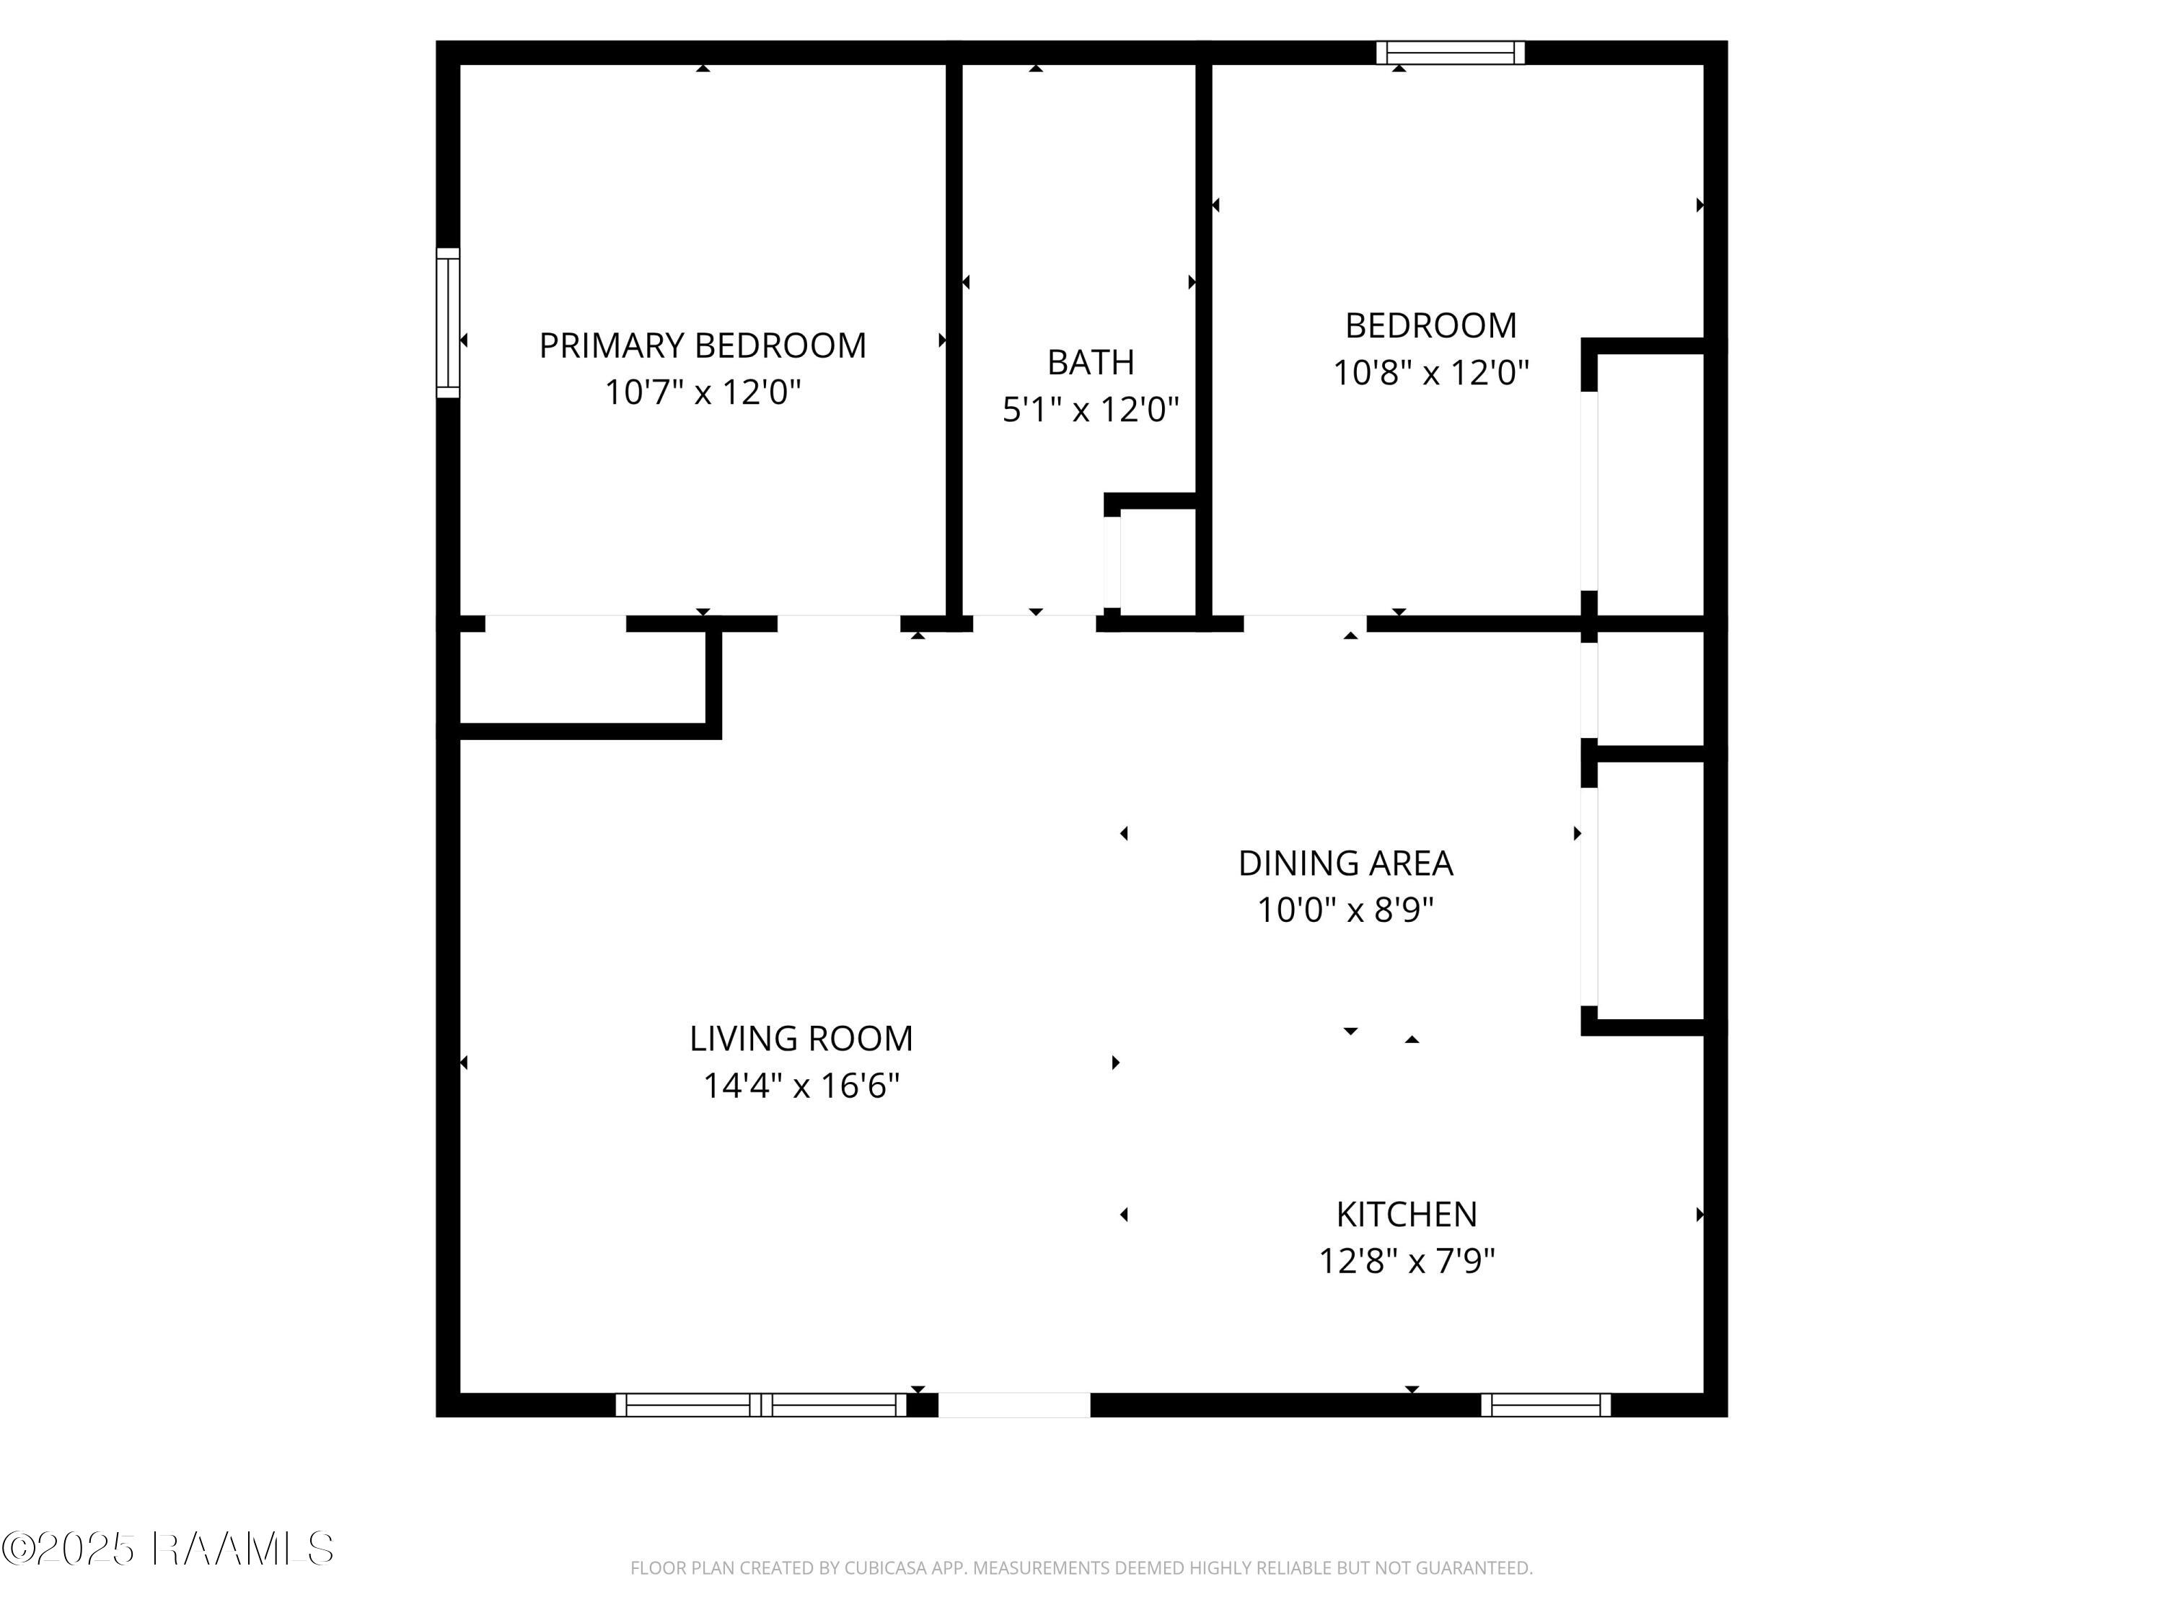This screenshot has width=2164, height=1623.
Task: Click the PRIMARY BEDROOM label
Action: point(703,346)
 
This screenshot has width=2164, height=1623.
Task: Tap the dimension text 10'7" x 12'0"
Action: point(703,392)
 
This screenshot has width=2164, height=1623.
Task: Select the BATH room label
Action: point(1091,362)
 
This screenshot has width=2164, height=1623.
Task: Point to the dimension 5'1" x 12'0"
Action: point(1091,409)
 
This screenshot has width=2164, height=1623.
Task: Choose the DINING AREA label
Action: point(1345,863)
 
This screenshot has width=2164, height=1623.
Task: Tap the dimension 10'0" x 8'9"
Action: point(1345,910)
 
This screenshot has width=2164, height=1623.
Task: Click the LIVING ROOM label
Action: point(800,1038)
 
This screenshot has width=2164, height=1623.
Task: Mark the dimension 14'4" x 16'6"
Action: point(800,1085)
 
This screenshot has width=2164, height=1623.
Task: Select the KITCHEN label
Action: point(1406,1214)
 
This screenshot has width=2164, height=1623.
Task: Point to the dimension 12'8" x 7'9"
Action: point(1406,1261)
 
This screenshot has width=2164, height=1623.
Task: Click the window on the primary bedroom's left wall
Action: point(447,323)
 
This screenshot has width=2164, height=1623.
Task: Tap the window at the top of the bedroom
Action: point(1450,52)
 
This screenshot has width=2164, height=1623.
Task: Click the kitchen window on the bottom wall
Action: point(1545,1405)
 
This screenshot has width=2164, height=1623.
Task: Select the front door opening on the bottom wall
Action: point(1013,1405)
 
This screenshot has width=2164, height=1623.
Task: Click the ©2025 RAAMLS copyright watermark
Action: point(167,1549)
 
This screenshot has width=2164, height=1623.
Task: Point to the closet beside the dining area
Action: point(1650,892)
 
